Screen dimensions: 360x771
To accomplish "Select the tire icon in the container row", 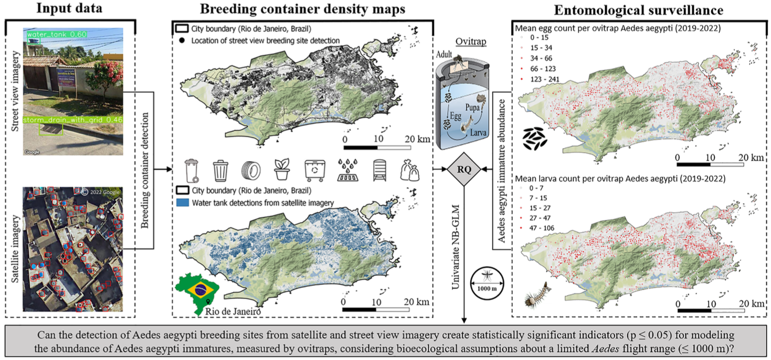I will point(250,170).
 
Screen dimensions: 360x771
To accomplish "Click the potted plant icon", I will point(281,170).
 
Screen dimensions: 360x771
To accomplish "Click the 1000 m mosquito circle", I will point(485,277).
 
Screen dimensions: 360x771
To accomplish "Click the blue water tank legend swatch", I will point(183,202).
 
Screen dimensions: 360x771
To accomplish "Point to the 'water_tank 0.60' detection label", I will point(57,35).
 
